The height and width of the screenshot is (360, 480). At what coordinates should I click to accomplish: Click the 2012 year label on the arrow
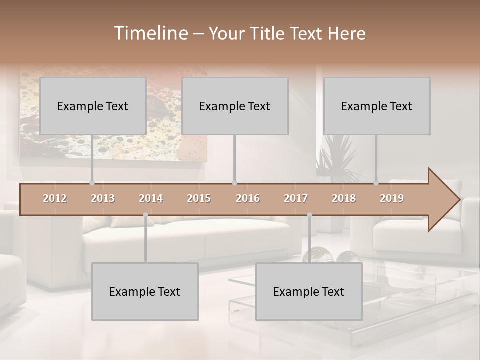[55, 198]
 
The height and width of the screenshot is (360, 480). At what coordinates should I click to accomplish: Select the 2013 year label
[103, 198]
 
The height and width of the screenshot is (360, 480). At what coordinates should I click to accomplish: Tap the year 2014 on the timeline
[151, 198]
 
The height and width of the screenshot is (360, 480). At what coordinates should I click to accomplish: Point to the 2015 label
[199, 198]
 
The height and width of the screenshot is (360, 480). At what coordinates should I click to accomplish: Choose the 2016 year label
[248, 198]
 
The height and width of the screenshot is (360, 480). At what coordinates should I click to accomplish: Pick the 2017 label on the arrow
[296, 198]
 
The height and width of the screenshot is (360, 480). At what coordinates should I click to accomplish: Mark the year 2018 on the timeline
[344, 198]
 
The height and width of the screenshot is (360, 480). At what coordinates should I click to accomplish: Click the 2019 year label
[392, 198]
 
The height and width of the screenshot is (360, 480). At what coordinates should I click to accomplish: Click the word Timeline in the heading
[150, 33]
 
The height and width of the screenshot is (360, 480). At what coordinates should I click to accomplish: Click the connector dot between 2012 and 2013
[92, 183]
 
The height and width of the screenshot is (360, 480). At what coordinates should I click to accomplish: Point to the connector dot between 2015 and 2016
[234, 183]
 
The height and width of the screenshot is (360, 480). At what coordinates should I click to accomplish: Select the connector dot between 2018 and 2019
[376, 183]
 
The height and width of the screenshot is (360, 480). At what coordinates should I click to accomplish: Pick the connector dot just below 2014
[145, 215]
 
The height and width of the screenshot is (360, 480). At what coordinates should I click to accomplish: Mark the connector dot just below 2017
[309, 215]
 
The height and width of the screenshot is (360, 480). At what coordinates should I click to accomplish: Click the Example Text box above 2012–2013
[93, 106]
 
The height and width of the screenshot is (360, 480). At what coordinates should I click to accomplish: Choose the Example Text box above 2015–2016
[235, 106]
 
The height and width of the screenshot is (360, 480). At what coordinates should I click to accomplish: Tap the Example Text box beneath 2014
[145, 291]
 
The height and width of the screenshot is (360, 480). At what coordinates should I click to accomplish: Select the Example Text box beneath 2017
[309, 291]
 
